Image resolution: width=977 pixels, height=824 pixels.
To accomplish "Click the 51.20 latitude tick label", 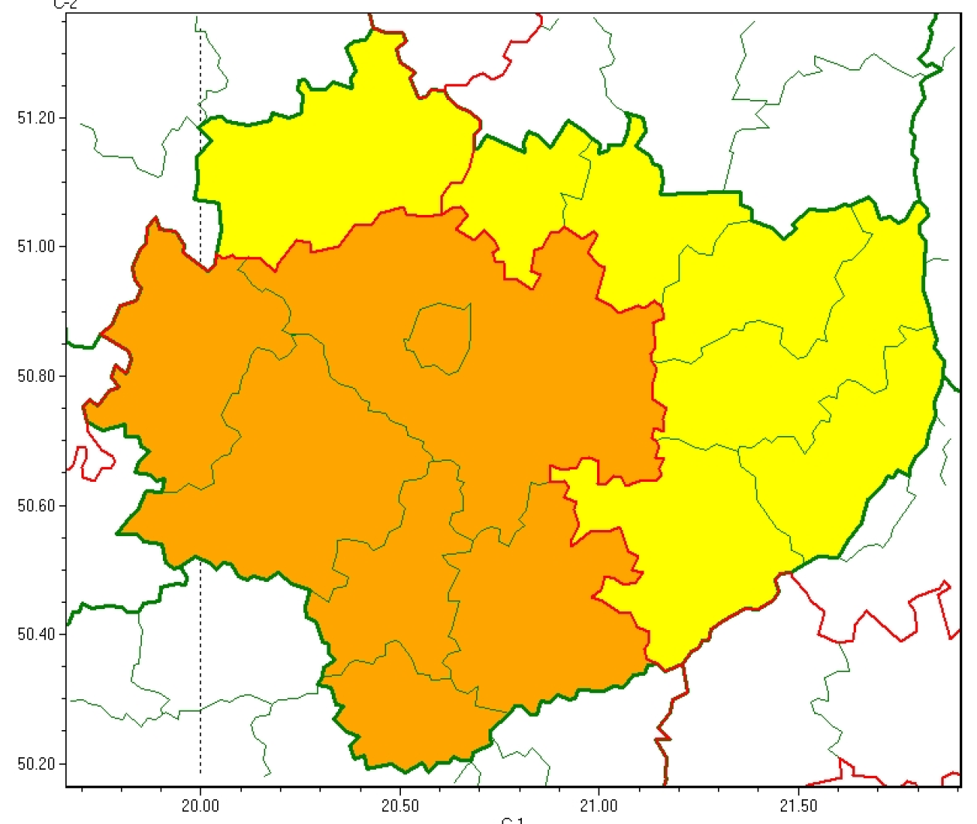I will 36,118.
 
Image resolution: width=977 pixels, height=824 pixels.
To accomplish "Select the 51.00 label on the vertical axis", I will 36,247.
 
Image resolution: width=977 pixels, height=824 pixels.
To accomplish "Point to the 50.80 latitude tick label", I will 36,376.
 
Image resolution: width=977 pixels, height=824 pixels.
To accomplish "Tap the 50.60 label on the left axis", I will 36,506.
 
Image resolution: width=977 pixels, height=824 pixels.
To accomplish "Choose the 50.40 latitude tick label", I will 36,635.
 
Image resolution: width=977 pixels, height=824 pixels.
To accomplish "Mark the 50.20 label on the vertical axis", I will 36,764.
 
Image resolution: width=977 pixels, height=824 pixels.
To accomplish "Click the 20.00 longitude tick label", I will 200,806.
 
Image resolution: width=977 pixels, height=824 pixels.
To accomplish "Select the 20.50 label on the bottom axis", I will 399,806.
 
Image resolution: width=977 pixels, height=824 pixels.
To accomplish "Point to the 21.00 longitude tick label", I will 599,806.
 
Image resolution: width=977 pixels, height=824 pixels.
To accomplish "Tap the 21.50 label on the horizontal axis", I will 798,806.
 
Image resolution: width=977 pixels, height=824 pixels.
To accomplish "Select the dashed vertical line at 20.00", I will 201,660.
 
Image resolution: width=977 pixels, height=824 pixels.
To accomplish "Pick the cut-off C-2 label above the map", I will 65,4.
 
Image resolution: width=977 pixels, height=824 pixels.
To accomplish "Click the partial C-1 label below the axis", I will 513,820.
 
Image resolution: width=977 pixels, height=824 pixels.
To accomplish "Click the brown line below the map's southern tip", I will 664,737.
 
